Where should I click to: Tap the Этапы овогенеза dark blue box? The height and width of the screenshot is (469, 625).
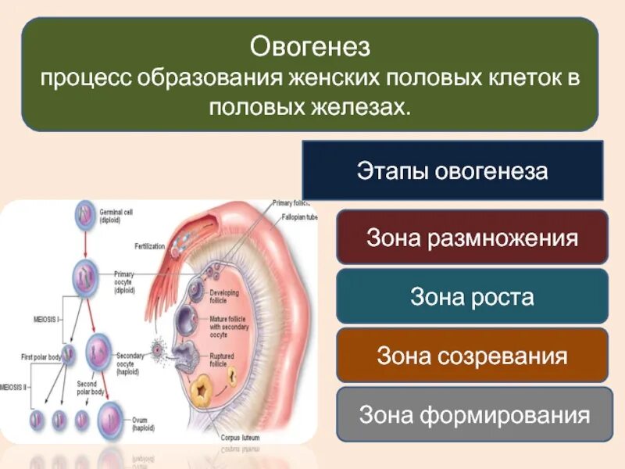click(452, 171)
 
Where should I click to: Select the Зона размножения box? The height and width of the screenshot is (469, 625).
click(472, 237)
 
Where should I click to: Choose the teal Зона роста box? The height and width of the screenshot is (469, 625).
click(472, 296)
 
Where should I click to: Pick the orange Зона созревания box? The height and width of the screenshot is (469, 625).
click(472, 356)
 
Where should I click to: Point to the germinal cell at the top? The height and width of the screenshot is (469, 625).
click(85, 216)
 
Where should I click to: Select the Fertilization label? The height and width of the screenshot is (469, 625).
click(149, 245)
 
